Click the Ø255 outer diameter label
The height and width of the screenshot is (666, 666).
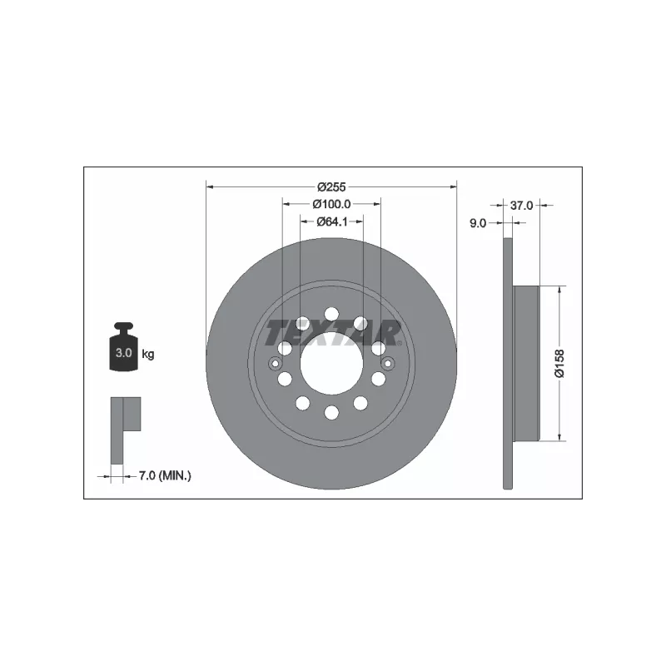tap(331, 188)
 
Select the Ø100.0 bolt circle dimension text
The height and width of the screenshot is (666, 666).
tap(331, 205)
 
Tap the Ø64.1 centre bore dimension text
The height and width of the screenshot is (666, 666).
tap(331, 221)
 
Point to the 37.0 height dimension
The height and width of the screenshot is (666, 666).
tap(521, 205)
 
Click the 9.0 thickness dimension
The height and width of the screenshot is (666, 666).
tap(479, 222)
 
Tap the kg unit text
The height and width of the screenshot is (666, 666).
tap(148, 354)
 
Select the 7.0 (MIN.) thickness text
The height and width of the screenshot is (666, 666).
tap(165, 476)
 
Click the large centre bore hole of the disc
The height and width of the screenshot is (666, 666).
tap(331, 364)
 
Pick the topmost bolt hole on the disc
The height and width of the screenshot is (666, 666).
tap(331, 314)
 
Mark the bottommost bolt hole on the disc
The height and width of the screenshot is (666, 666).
tap(331, 412)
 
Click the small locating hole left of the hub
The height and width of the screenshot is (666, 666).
tap(276, 363)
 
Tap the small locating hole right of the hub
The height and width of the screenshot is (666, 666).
tap(387, 363)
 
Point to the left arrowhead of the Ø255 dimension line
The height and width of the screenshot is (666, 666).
tap(209, 187)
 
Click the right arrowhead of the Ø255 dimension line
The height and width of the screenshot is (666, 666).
tap(454, 187)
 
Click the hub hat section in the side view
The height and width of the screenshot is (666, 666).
tap(526, 363)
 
